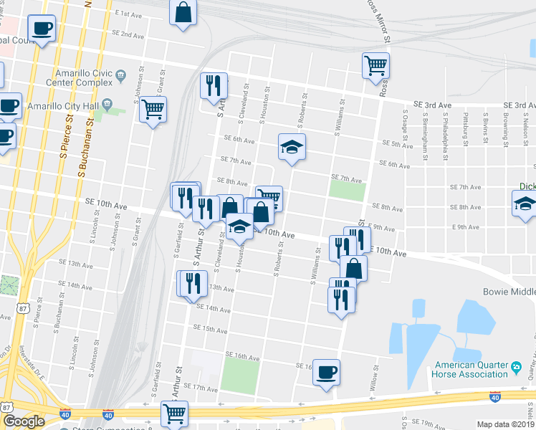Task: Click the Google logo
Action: tap(24, 421)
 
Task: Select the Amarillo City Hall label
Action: tap(61, 105)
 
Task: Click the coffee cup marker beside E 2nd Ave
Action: tap(42, 29)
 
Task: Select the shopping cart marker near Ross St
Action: tap(375, 67)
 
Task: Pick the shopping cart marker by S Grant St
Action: tap(153, 110)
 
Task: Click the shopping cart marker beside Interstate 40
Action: tap(174, 414)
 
